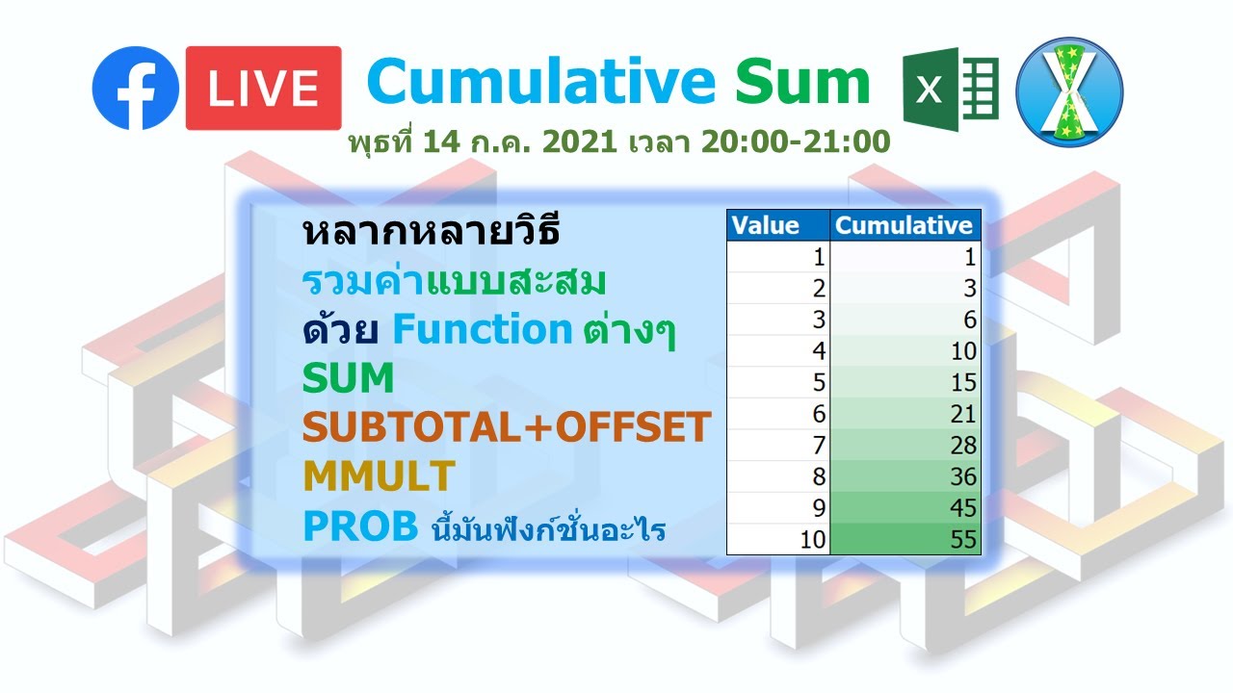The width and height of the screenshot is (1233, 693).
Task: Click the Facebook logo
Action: pos(136,88)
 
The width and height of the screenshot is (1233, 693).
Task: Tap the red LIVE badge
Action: pos(263,88)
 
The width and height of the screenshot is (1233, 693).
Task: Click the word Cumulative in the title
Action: pos(540,82)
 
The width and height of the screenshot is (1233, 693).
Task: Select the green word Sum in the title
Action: pos(802,82)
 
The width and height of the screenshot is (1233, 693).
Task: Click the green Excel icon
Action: pos(950,90)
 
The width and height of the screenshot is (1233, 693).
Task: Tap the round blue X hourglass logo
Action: pos(1070,91)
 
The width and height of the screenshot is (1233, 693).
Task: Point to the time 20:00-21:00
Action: pos(795,142)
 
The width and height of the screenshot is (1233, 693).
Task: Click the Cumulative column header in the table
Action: pos(905,225)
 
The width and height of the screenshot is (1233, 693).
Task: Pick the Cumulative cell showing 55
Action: pos(905,540)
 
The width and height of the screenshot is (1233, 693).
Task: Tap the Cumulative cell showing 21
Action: pos(905,414)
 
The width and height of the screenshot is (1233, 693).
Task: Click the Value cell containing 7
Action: pos(777,446)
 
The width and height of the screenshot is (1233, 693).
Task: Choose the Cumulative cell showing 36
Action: pos(905,476)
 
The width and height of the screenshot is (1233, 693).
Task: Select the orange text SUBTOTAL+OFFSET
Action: pos(507,427)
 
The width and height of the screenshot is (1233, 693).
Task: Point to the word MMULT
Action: pos(378,475)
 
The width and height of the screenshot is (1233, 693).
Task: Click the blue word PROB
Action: pos(360,526)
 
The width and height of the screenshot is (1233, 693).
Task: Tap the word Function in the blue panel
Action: pos(482,330)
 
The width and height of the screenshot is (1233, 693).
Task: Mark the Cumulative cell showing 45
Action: pos(905,508)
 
